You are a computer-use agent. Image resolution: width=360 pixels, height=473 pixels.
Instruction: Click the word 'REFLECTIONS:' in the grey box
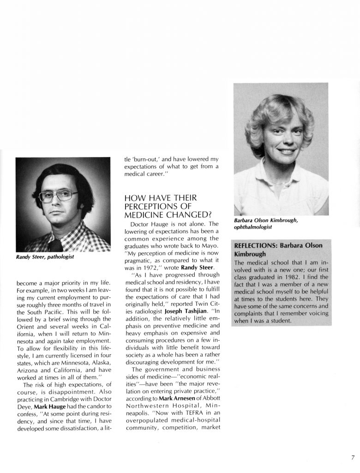253,246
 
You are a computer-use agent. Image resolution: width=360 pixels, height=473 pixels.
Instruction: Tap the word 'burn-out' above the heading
141,157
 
